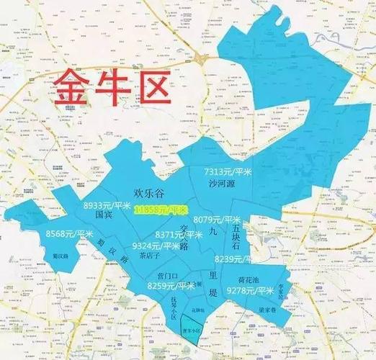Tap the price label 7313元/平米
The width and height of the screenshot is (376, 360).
(228, 171)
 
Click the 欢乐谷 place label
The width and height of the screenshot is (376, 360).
(151, 192)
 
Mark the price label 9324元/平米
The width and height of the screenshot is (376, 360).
(156, 246)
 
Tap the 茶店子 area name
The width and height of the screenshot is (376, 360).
(150, 256)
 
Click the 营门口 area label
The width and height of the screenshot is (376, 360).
(168, 276)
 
